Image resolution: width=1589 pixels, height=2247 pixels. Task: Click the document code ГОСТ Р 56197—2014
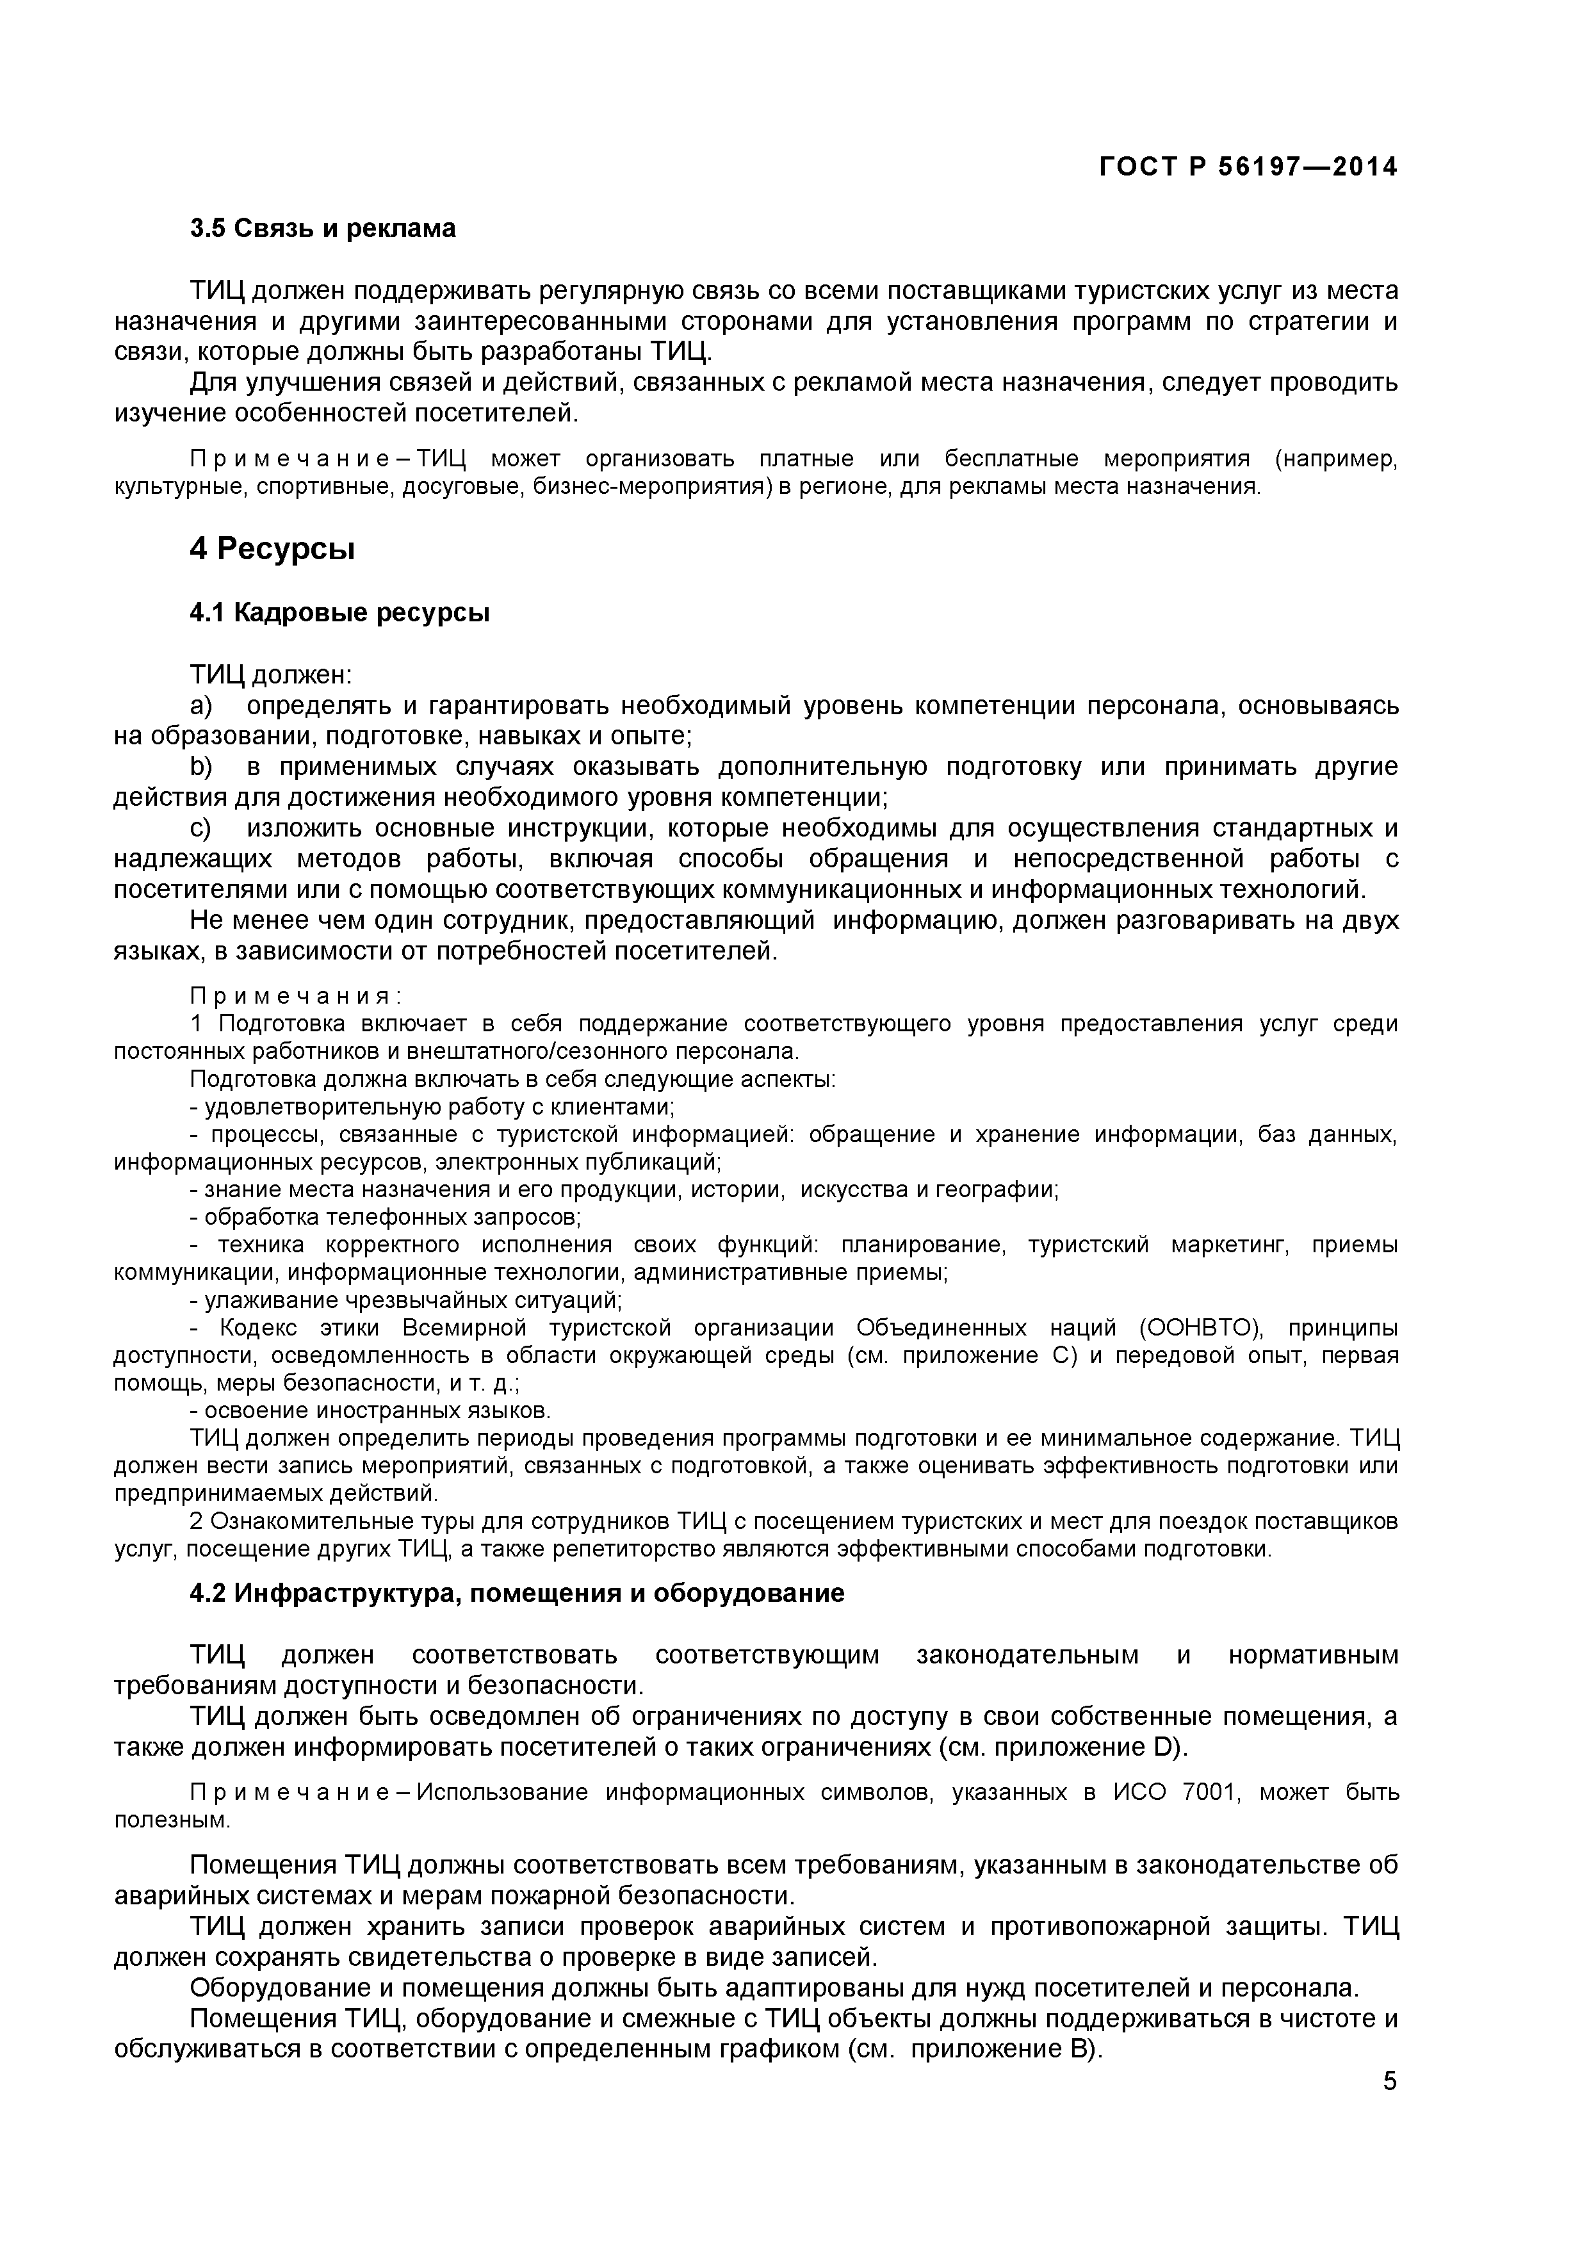1248,167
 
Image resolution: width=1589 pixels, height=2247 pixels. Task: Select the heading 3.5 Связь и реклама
322,229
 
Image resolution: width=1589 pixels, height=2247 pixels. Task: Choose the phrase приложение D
1076,1748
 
